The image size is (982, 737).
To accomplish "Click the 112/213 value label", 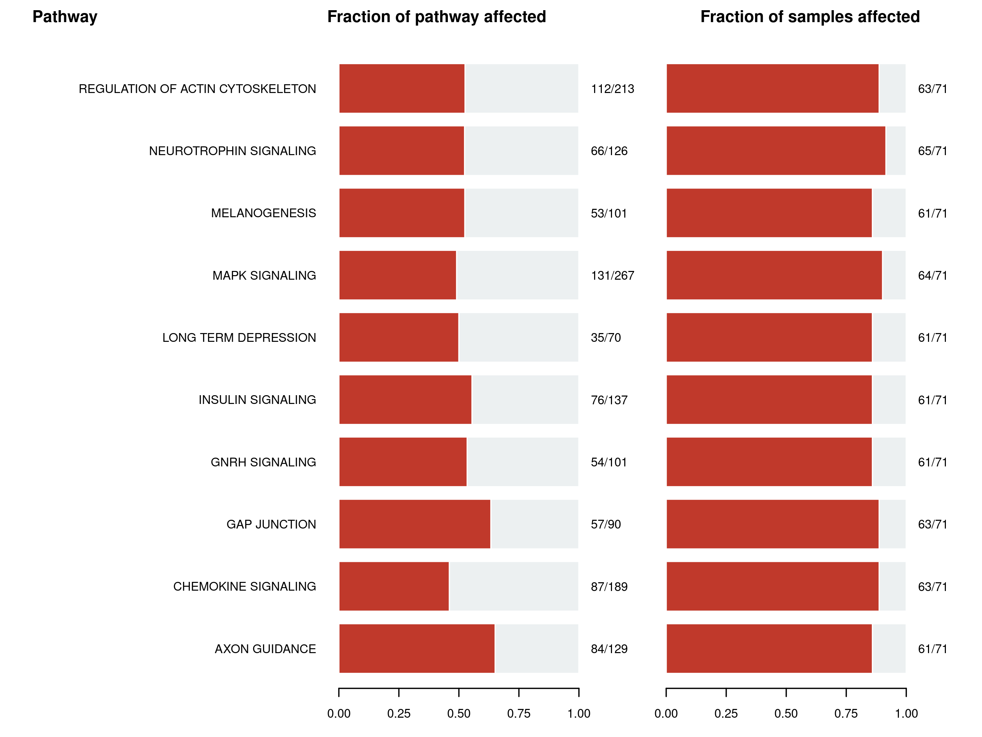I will [x=612, y=89].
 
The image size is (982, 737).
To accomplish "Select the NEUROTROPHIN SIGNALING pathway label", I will [x=232, y=151].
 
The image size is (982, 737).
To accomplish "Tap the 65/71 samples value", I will [x=932, y=151].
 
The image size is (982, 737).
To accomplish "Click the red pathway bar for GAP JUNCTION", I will [x=415, y=524].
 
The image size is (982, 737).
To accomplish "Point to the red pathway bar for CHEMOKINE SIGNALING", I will [x=394, y=586].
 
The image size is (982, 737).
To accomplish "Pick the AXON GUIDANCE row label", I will [x=265, y=649].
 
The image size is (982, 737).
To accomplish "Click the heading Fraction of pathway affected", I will [x=436, y=17].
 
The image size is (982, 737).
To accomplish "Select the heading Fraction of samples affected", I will [x=810, y=17].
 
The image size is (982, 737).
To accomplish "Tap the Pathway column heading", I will [x=65, y=17].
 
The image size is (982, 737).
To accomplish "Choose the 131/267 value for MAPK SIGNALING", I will [x=612, y=275].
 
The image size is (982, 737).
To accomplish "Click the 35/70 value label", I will [x=606, y=338].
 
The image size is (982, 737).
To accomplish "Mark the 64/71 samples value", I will [x=932, y=275].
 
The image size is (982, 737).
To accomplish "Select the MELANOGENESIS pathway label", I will [x=263, y=213].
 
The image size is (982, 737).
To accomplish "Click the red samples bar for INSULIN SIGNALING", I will [x=769, y=400].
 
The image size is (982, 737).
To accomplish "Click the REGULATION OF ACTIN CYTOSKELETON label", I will [x=197, y=89].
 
